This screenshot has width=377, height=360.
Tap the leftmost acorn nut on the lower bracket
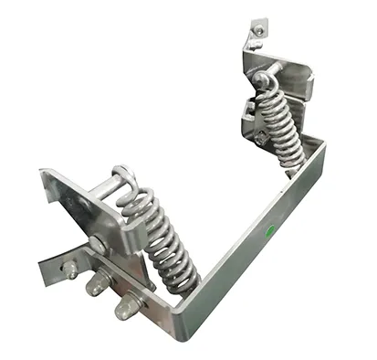tap(68, 269)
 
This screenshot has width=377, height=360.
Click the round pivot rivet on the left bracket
tap(97, 244)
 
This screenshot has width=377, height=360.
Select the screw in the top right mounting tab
tap(258, 31)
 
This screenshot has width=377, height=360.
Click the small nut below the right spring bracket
tap(264, 139)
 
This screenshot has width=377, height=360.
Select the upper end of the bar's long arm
tap(315, 146)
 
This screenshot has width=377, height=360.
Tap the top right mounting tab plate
tap(258, 34)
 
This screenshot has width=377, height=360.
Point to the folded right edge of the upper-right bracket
tap(309, 88)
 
